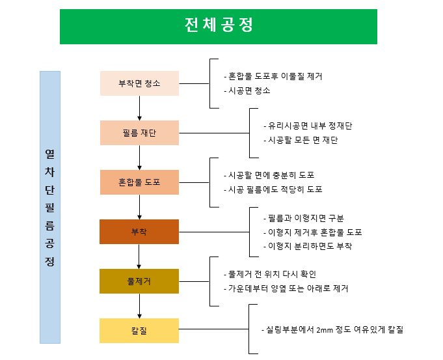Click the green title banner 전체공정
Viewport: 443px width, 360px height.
click(x=219, y=26)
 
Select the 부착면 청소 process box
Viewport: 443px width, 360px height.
click(x=139, y=83)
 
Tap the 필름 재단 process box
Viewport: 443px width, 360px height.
click(x=139, y=133)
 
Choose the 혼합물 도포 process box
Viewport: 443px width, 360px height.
click(x=139, y=182)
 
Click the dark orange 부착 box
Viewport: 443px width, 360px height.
click(x=139, y=232)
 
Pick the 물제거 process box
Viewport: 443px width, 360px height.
click(x=139, y=281)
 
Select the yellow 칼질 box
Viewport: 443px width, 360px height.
click(x=139, y=331)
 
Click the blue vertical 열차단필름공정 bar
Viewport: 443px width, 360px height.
click(x=50, y=207)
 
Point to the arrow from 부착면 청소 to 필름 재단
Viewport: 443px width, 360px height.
click(x=140, y=108)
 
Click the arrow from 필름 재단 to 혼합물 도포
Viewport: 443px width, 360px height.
click(x=140, y=158)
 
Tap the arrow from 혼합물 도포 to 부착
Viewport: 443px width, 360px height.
click(x=140, y=207)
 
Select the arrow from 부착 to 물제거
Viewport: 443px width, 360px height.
click(x=140, y=256)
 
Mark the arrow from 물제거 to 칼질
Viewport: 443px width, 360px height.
click(x=140, y=306)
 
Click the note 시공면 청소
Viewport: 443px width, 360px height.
click(x=247, y=90)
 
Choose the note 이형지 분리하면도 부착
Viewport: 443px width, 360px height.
click(x=308, y=246)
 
